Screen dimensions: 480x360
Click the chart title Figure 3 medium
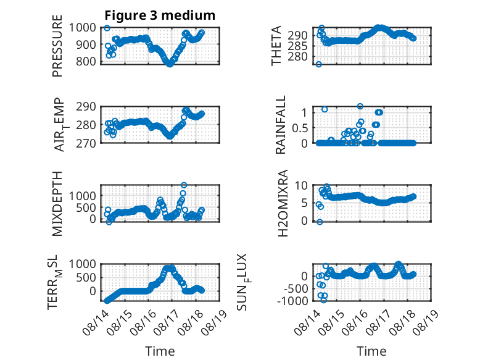tap(160, 15)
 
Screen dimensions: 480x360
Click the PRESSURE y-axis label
tap(57, 46)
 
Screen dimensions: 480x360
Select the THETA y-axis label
tap(276, 46)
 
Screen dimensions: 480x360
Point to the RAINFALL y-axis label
tap(280, 125)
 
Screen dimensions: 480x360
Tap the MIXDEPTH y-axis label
tap(57, 204)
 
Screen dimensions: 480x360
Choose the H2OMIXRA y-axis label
tap(283, 203)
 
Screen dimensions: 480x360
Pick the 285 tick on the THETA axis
tap(297, 46)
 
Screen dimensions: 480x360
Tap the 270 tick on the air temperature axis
tap(86, 143)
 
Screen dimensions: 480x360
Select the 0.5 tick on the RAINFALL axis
tap(299, 128)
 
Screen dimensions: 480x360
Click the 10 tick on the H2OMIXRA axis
tap(301, 185)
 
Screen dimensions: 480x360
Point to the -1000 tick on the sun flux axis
tap(292, 301)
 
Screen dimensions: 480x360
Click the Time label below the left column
tap(160, 351)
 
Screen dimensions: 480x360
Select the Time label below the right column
tap(371, 351)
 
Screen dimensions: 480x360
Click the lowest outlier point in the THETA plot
tap(319, 64)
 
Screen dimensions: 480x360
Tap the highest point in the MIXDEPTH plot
tap(184, 185)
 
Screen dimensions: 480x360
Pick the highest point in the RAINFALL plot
tap(360, 106)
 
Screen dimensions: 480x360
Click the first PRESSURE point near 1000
tap(107, 28)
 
